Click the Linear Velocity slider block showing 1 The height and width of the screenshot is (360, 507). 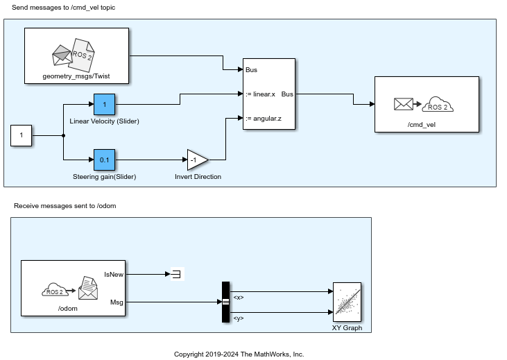pyautogui.click(x=104, y=105)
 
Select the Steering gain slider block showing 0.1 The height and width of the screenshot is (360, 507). pyautogui.click(x=104, y=160)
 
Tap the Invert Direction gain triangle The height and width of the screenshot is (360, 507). pyautogui.click(x=198, y=160)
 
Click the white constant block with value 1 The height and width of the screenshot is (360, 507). pyautogui.click(x=22, y=135)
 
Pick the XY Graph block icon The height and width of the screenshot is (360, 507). pyautogui.click(x=347, y=302)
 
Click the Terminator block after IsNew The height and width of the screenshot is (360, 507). pyautogui.click(x=177, y=274)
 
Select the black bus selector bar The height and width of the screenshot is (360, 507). pyautogui.click(x=225, y=302)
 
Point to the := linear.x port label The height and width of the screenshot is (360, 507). pyautogui.click(x=260, y=94)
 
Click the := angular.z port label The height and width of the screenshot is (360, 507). pyautogui.click(x=263, y=119)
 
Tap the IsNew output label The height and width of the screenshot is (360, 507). pyautogui.click(x=114, y=274)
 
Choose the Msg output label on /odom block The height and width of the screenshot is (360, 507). pyautogui.click(x=117, y=302)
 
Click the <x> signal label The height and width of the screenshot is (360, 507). pyautogui.click(x=239, y=298)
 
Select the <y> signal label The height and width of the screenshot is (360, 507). pyautogui.click(x=239, y=318)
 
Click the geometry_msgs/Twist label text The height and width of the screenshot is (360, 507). pyautogui.click(x=76, y=76)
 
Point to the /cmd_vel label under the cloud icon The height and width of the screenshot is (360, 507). pyautogui.click(x=422, y=125)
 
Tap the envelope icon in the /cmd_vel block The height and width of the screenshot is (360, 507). pyautogui.click(x=404, y=104)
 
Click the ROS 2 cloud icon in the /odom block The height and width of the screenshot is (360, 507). pyautogui.click(x=55, y=290)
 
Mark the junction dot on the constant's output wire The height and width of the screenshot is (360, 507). pyautogui.click(x=63, y=135)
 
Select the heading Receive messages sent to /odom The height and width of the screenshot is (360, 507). pyautogui.click(x=65, y=206)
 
